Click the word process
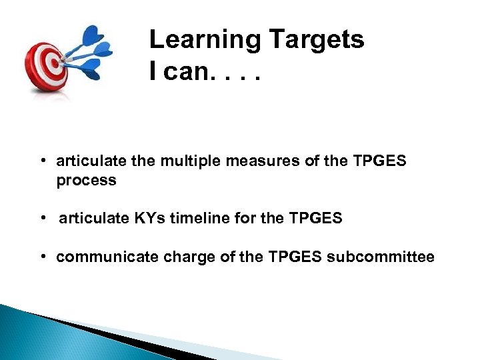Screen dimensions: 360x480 [86, 180]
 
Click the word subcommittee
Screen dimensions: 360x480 [381, 257]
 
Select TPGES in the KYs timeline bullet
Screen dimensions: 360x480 [319, 218]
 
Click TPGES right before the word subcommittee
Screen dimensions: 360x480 [299, 257]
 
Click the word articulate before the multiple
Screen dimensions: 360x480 [85, 161]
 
